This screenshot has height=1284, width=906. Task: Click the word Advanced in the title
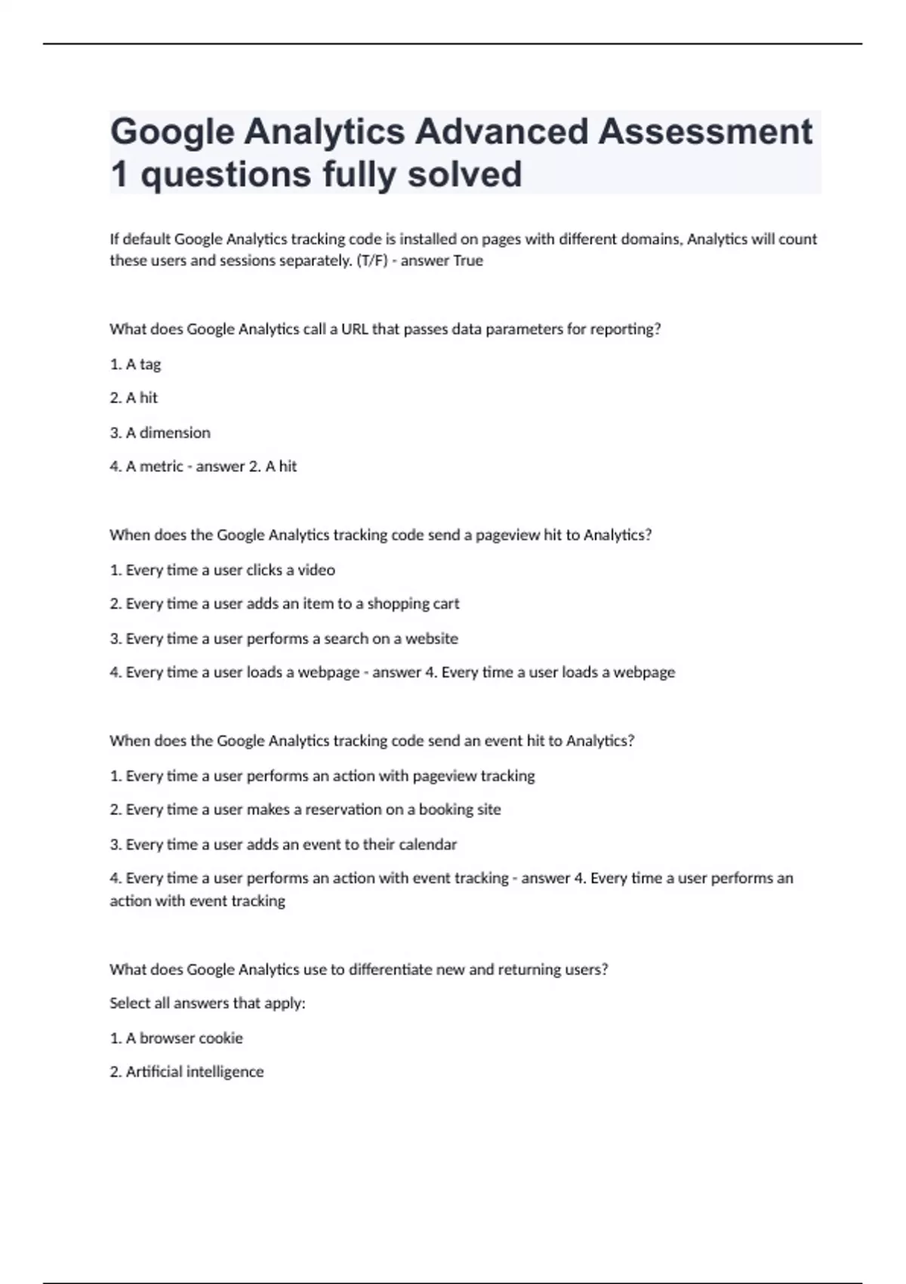501,131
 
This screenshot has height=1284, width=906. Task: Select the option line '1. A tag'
135,364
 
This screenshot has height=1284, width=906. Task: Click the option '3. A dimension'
160,433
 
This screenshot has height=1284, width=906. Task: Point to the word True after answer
467,261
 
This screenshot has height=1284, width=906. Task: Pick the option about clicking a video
222,570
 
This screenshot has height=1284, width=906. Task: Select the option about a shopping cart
284,604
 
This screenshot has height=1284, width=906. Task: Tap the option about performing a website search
283,639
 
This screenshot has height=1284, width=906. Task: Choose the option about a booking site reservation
305,810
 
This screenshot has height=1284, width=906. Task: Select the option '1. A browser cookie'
176,1039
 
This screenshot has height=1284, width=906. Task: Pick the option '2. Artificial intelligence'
186,1072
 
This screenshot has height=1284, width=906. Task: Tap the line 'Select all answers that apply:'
207,1004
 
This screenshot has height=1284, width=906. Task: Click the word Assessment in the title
705,131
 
